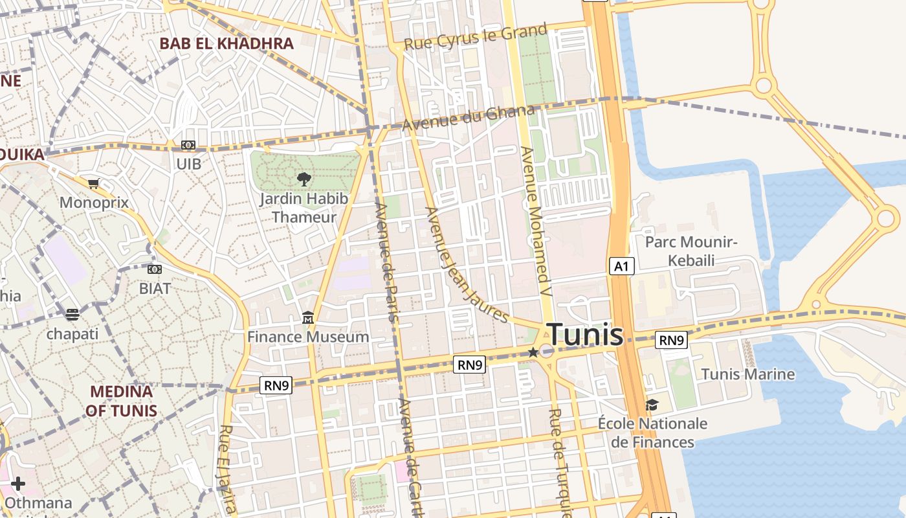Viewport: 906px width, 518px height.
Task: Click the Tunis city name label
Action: coord(586,335)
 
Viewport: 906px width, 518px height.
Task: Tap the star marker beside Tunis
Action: coord(533,352)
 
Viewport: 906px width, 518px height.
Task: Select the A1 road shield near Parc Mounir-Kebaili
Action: coord(621,266)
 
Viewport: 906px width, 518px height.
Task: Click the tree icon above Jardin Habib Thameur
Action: coord(304,179)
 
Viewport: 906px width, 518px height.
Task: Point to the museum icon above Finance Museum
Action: coord(308,318)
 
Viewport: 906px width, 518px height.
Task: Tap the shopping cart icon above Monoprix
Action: coord(94,184)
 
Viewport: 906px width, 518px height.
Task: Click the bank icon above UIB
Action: coord(188,145)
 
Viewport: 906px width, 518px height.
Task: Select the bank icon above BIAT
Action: coord(155,269)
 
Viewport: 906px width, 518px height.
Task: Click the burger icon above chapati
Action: coord(72,315)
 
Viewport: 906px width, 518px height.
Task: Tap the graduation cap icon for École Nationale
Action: coord(652,405)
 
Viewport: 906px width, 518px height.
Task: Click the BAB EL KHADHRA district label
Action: coord(226,44)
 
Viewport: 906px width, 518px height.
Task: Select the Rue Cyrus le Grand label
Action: coord(476,36)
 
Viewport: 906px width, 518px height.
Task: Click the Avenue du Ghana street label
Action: coord(469,118)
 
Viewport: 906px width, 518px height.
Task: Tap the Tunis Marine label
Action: coord(748,374)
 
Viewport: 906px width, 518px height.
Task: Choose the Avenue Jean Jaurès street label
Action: coord(466,264)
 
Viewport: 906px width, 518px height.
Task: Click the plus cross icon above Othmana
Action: coord(18,484)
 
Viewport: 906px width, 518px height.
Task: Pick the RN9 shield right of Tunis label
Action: coord(671,340)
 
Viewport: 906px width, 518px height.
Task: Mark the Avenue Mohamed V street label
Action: coord(537,221)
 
